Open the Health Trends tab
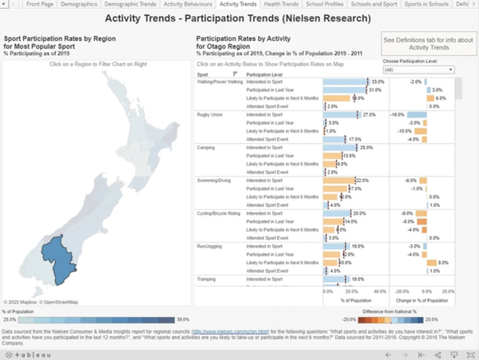click(283, 5)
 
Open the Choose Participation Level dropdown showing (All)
click(418, 70)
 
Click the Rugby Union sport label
click(211, 115)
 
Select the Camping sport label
click(206, 148)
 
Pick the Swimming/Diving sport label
click(216, 180)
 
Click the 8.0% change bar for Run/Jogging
click(432, 263)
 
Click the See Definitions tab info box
click(429, 44)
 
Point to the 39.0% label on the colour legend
click(182, 319)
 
